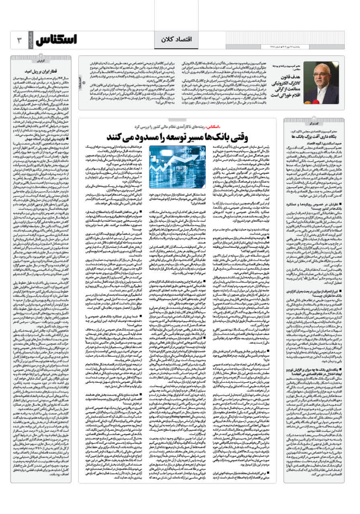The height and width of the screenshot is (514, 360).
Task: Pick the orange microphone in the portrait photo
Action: click(317, 84)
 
